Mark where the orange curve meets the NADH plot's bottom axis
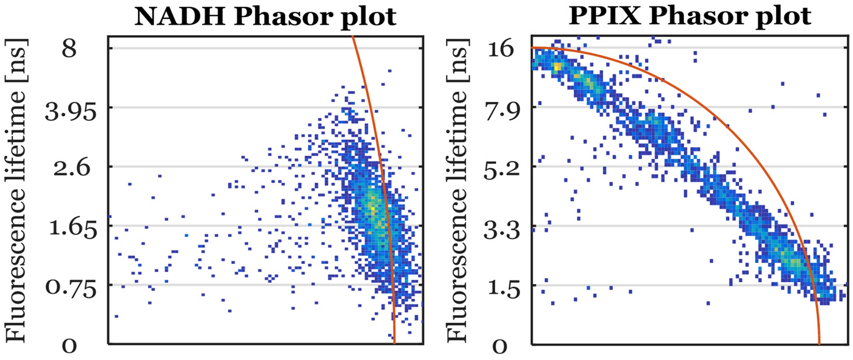click(x=394, y=343)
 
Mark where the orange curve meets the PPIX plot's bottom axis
click(x=819, y=343)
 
